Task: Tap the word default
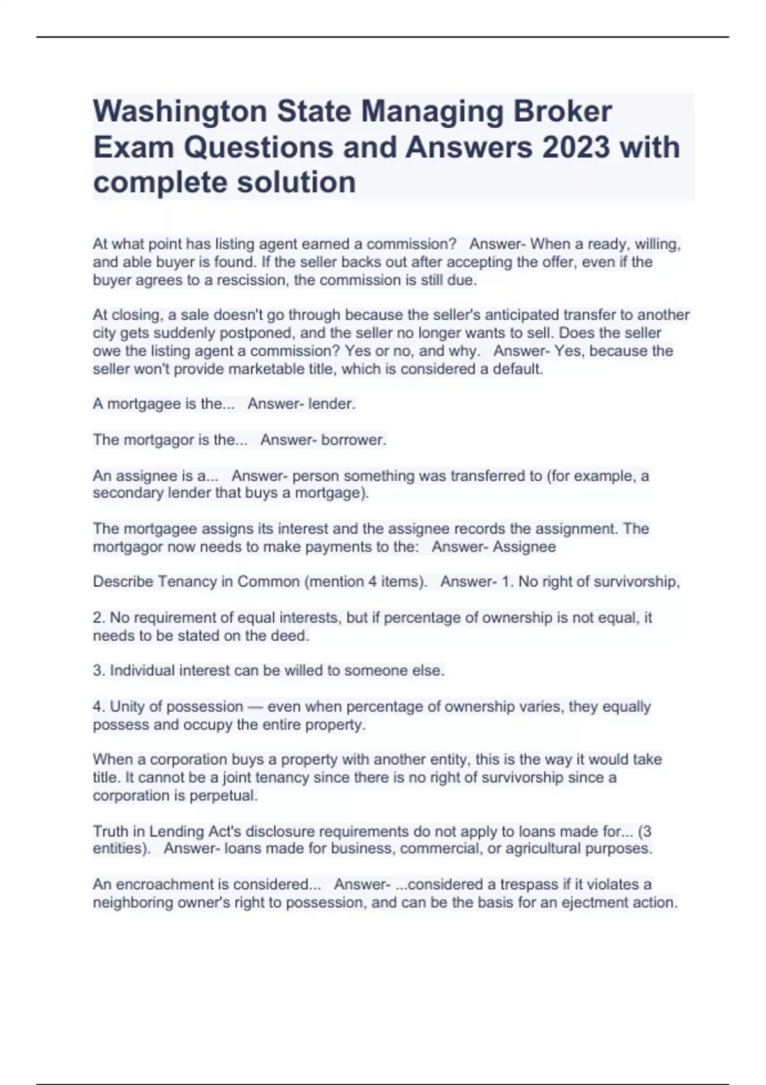[518, 369]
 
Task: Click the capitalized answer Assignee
[525, 547]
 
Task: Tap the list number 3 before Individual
[97, 671]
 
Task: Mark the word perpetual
[230, 796]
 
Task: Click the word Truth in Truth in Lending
[110, 832]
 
